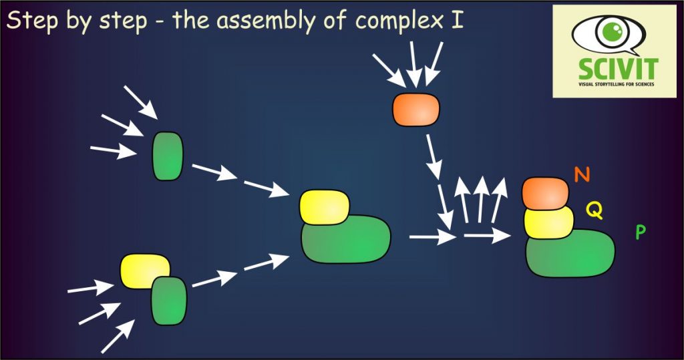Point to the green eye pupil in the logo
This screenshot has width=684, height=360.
(609, 31)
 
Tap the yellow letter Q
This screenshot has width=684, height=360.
(594, 211)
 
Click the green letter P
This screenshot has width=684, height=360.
(640, 232)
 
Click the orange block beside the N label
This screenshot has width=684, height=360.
(545, 192)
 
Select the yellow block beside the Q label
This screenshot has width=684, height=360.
(548, 222)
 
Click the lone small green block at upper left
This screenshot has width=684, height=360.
(168, 156)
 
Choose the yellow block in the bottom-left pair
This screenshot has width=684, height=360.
(142, 271)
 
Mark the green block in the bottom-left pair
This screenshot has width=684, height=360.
(168, 301)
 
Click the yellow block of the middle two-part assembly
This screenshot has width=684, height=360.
(324, 206)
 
